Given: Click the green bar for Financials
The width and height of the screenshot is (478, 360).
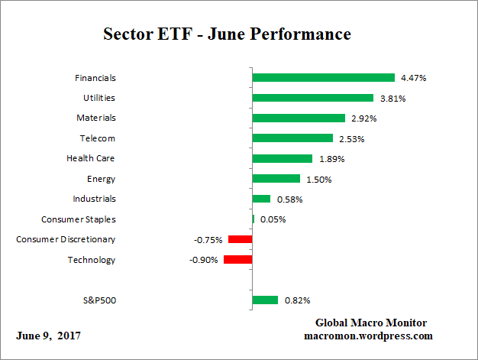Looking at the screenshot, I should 323,77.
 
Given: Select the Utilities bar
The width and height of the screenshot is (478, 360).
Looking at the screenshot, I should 312,98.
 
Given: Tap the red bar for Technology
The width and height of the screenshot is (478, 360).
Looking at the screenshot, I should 237,259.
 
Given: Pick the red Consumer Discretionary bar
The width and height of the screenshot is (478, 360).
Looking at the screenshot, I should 240,239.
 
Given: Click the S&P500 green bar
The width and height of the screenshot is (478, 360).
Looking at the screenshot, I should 265,300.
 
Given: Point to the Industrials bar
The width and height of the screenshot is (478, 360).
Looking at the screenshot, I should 261,199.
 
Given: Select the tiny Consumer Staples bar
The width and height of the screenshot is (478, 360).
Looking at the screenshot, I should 254,219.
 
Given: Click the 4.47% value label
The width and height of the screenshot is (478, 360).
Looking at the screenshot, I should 413,78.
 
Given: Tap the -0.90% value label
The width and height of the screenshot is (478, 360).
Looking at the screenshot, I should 203,260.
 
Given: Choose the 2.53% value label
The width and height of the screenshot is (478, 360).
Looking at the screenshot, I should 351,138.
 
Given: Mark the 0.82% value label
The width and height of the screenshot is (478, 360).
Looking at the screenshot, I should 296,300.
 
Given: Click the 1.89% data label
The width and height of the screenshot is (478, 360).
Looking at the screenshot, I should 331,159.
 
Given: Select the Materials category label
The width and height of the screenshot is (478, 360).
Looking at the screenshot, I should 96,118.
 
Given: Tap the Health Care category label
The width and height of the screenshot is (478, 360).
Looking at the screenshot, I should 91,158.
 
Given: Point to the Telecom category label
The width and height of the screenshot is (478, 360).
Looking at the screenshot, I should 98,138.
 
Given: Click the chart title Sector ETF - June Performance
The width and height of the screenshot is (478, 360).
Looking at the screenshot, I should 227,34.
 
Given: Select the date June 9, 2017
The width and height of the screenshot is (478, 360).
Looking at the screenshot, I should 48,336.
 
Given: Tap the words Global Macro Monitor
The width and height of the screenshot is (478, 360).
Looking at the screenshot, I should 371,323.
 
